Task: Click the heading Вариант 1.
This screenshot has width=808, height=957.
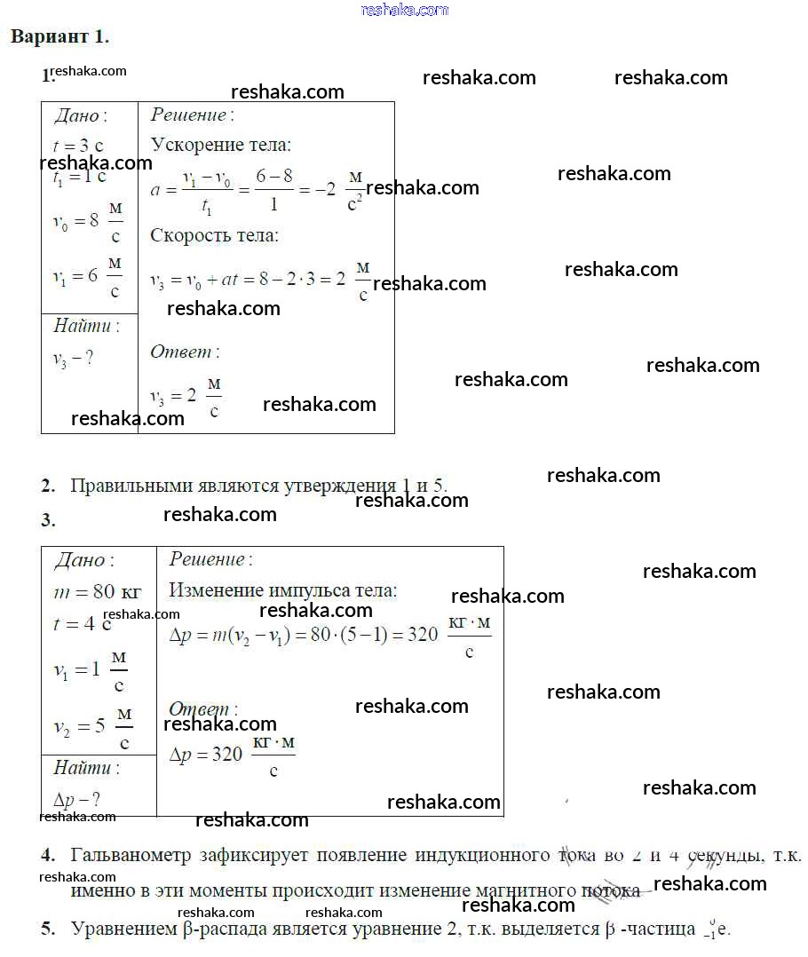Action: pyautogui.click(x=59, y=37)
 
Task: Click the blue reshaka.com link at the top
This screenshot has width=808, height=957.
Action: pyautogui.click(x=404, y=10)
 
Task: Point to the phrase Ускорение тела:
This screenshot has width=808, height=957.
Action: pyautogui.click(x=220, y=145)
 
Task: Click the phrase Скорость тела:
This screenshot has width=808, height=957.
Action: pyautogui.click(x=214, y=236)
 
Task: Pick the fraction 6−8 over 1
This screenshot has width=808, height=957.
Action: pyautogui.click(x=274, y=189)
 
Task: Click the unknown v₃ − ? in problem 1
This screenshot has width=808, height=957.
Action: pyautogui.click(x=72, y=360)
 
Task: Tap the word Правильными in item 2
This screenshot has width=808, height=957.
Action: pyautogui.click(x=131, y=486)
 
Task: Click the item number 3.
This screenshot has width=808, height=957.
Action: pyautogui.click(x=48, y=521)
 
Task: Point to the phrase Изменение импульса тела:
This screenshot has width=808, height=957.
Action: pyautogui.click(x=283, y=591)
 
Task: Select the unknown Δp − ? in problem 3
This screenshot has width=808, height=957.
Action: pyautogui.click(x=76, y=798)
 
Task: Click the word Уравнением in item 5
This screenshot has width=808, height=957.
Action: pyautogui.click(x=121, y=929)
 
